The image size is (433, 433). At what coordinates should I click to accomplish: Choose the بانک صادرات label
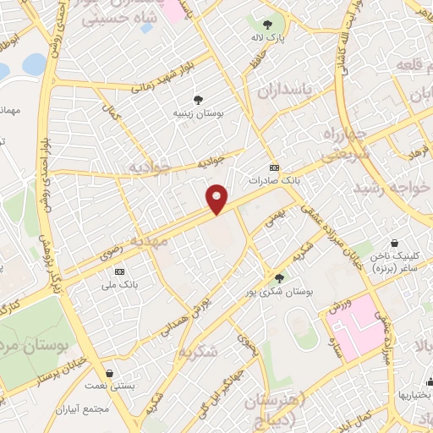click(274, 180)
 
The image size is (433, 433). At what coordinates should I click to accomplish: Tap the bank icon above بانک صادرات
click(274, 167)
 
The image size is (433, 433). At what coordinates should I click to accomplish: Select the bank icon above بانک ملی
click(120, 271)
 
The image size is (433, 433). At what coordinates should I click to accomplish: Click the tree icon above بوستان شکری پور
click(279, 277)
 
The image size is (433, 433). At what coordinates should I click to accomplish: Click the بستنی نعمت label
click(111, 386)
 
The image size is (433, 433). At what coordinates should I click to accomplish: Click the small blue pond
click(35, 64)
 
